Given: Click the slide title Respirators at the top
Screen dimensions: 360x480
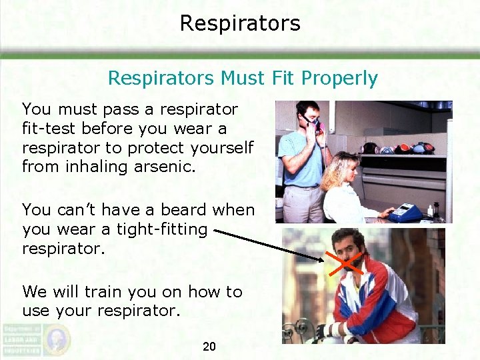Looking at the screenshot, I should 240,23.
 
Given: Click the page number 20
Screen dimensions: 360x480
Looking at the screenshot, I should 209,346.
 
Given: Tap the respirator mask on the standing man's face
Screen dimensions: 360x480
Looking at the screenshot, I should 311,123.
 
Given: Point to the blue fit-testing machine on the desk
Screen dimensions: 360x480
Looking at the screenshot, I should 407,211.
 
